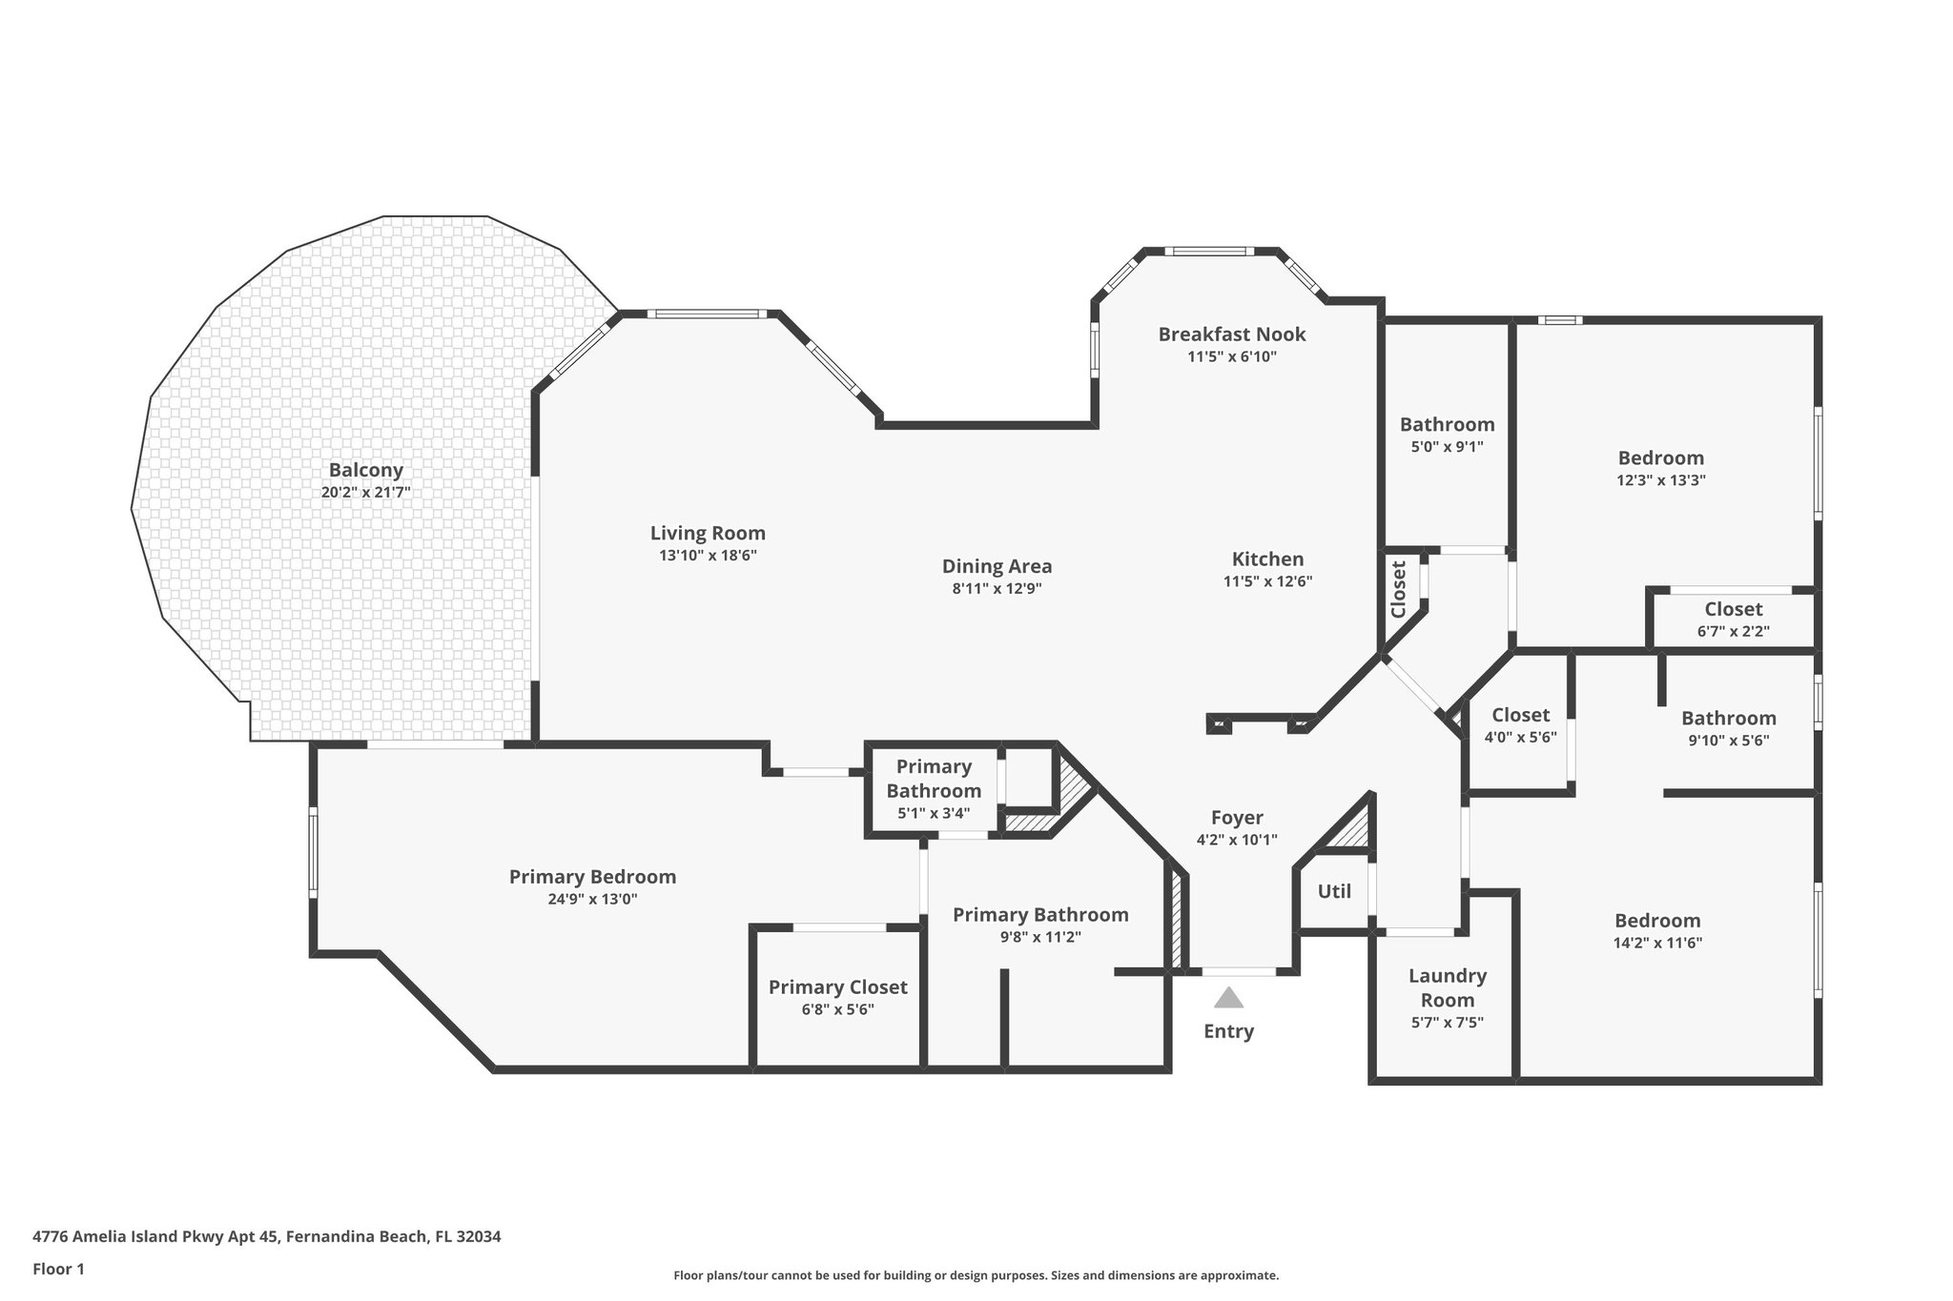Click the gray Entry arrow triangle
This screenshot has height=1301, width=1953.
[1228, 998]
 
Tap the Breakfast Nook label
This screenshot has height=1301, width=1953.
[1231, 335]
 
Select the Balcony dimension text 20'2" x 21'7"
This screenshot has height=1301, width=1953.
[366, 493]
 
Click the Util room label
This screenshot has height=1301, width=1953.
[1334, 892]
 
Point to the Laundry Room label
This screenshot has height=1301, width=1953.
[1447, 987]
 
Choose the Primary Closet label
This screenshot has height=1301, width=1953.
[837, 987]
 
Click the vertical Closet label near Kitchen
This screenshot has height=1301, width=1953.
[1399, 589]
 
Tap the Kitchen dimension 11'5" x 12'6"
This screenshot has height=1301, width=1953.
[1267, 581]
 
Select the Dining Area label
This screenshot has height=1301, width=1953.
[997, 566]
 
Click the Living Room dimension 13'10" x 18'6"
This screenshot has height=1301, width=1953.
[708, 556]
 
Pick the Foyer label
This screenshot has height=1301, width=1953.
[1237, 818]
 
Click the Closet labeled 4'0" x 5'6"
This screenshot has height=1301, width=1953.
[1520, 715]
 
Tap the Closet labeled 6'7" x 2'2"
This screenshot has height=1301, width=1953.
[1733, 609]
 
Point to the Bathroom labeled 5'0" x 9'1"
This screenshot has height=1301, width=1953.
[1447, 425]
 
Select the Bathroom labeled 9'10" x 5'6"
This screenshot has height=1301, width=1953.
[1728, 719]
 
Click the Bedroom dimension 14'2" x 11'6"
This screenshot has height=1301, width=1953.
[1657, 944]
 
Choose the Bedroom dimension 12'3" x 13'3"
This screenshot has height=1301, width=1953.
[1660, 481]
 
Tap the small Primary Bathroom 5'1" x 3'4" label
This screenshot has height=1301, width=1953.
[934, 779]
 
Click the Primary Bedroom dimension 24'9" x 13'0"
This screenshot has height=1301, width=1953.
[592, 899]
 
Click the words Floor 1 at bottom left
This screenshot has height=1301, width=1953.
[59, 1269]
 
